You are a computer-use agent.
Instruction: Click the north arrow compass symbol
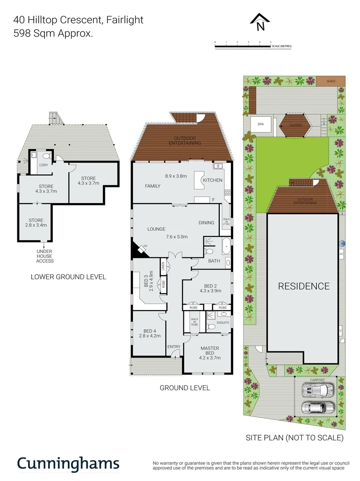(260, 22)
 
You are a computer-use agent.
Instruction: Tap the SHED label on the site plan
(331, 81)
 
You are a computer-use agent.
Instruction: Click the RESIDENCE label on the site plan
(304, 286)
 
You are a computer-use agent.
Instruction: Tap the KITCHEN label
(212, 180)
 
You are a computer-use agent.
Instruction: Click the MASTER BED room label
(209, 351)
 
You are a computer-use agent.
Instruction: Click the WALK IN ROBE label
(194, 322)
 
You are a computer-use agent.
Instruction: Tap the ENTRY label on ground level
(174, 346)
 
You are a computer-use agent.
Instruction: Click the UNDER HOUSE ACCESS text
(45, 256)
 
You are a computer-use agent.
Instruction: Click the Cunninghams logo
(68, 463)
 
